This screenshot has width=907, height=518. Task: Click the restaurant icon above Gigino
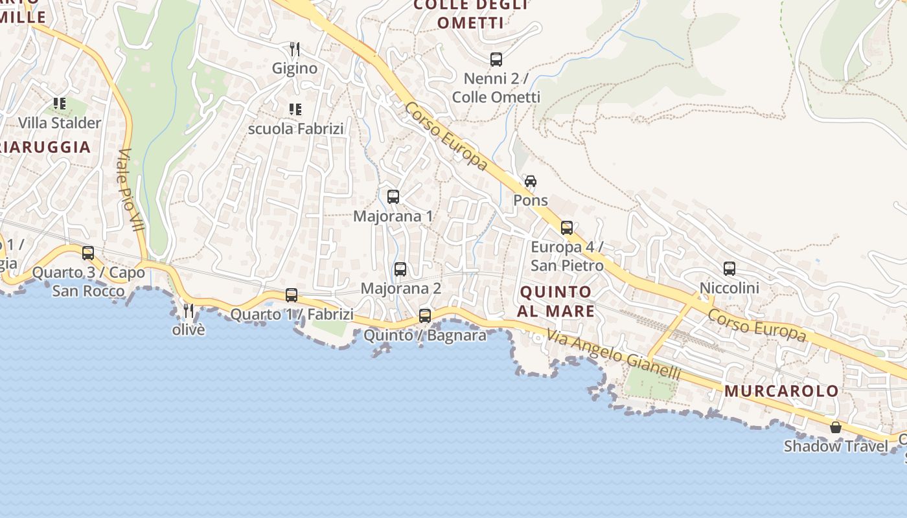295,49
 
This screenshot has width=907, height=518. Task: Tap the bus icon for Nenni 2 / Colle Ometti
496,60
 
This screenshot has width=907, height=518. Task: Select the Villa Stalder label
60,122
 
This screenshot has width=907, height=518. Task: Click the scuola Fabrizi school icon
295,109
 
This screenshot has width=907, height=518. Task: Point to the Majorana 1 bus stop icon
393,197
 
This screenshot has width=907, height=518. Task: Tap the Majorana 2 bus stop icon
400,269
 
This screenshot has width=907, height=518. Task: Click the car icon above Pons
531,181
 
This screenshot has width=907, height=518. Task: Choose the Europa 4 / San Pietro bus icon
567,228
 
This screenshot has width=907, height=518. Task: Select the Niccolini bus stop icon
729,269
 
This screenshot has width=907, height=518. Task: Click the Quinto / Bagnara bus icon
425,316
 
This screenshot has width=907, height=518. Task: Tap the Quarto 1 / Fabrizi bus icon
292,295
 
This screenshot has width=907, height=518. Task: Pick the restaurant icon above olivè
189,311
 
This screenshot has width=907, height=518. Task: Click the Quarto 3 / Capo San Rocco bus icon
88,253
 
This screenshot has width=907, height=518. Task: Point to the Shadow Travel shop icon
836,427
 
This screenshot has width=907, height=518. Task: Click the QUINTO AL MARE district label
557,302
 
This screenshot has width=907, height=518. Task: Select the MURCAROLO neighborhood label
782,391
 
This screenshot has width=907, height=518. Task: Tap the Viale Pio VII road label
130,192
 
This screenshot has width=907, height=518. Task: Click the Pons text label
531,201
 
